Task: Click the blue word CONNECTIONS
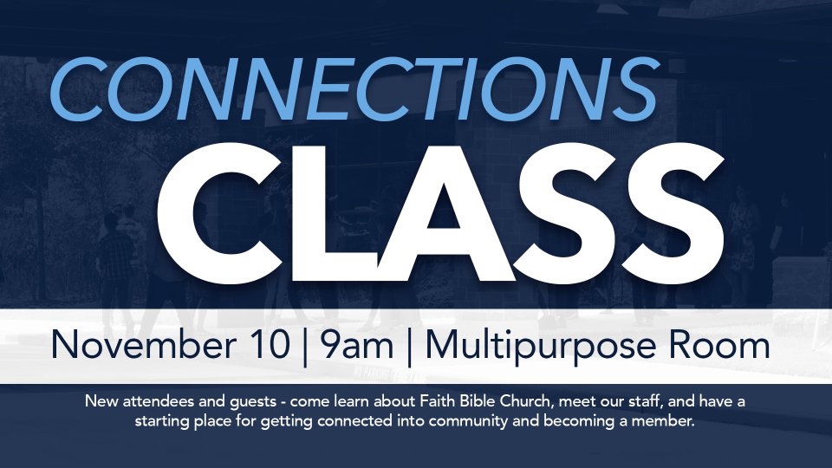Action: [354, 88]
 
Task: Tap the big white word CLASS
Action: [440, 213]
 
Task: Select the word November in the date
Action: [143, 345]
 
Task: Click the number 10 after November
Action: [270, 345]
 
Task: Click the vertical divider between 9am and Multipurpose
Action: [409, 348]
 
